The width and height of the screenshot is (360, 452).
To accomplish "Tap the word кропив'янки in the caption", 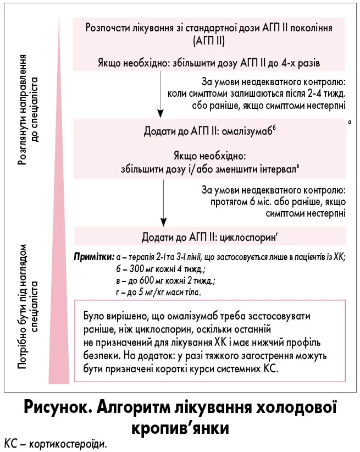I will (180, 428).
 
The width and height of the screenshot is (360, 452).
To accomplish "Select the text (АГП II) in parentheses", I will (209, 40).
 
